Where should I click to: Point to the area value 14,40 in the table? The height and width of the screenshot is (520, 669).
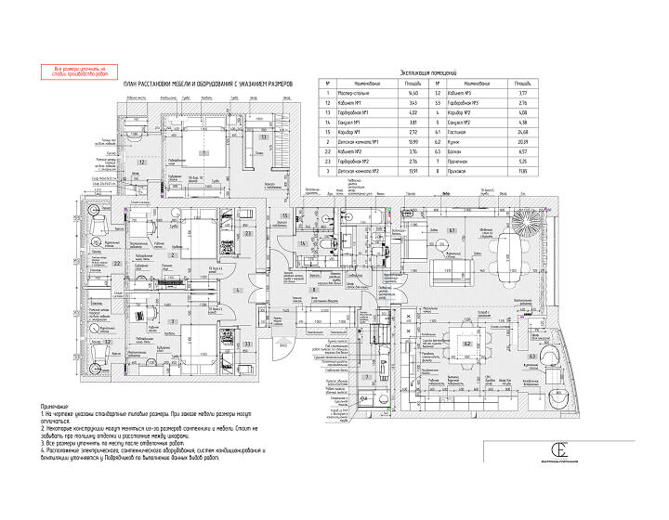coord(400,93)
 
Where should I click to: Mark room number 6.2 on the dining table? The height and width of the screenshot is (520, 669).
coord(466,344)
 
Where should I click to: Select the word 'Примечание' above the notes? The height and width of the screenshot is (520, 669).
coord(56,408)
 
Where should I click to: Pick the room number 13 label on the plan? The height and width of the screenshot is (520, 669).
coord(264,136)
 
